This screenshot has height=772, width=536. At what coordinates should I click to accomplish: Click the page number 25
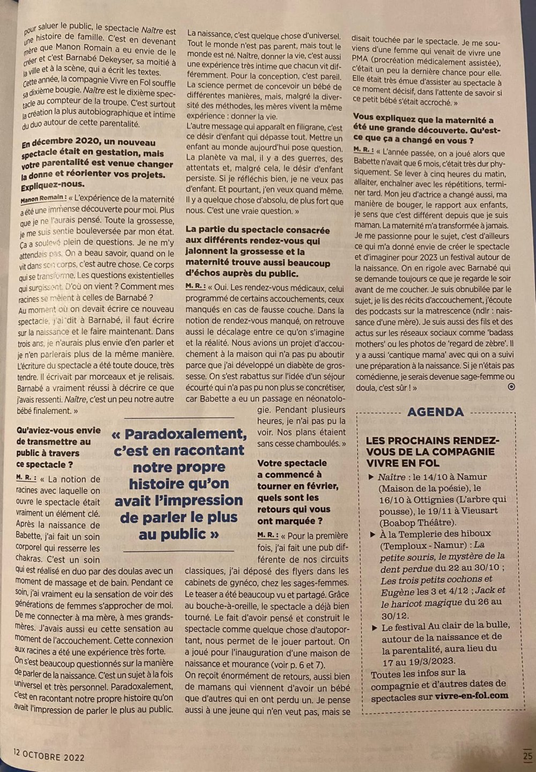[x=526, y=756]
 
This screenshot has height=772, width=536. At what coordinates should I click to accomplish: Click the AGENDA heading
[x=435, y=412]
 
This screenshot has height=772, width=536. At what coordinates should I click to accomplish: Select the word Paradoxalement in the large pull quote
[x=178, y=434]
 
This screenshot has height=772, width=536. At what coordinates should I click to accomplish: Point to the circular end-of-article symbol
[x=511, y=387]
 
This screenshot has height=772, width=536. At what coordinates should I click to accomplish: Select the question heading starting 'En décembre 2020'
[x=96, y=164]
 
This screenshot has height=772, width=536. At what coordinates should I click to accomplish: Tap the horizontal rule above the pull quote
[x=179, y=418]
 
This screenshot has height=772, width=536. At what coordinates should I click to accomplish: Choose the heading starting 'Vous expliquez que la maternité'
[x=423, y=130]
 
